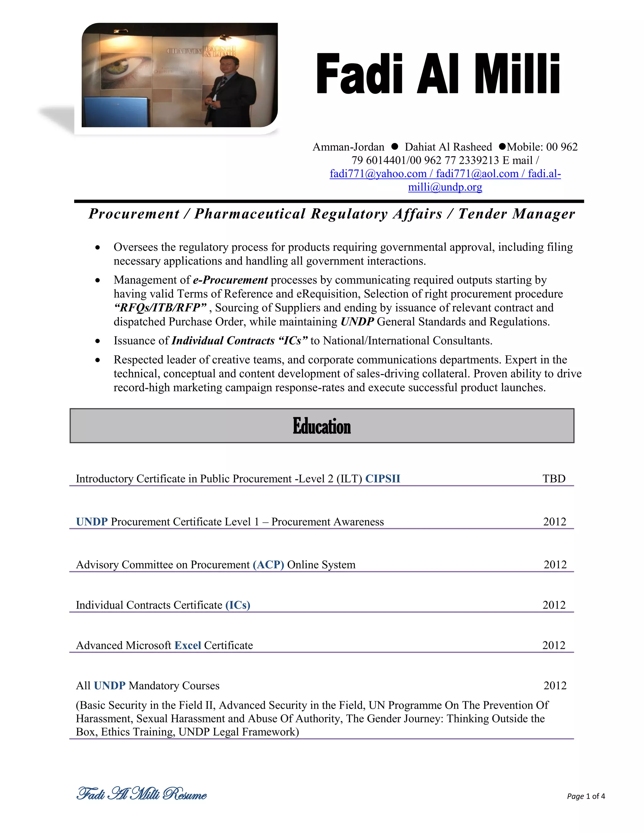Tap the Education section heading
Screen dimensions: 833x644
pos(322,426)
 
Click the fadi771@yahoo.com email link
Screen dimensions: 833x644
pos(378,174)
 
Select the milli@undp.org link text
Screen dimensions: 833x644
pos(445,187)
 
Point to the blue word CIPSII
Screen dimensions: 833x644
pos(383,479)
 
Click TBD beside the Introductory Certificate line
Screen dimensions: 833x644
pos(554,479)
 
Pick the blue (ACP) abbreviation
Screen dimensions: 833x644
pos(268,565)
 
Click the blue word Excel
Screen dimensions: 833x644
pos(188,645)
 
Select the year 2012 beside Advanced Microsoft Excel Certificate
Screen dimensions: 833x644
pos(553,645)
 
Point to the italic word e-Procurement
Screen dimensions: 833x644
pos(230,280)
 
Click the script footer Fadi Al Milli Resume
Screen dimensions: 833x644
pos(142,794)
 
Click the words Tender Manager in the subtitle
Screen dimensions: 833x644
pos(517,214)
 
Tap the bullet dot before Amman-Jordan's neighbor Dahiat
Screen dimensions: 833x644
pos(395,146)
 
